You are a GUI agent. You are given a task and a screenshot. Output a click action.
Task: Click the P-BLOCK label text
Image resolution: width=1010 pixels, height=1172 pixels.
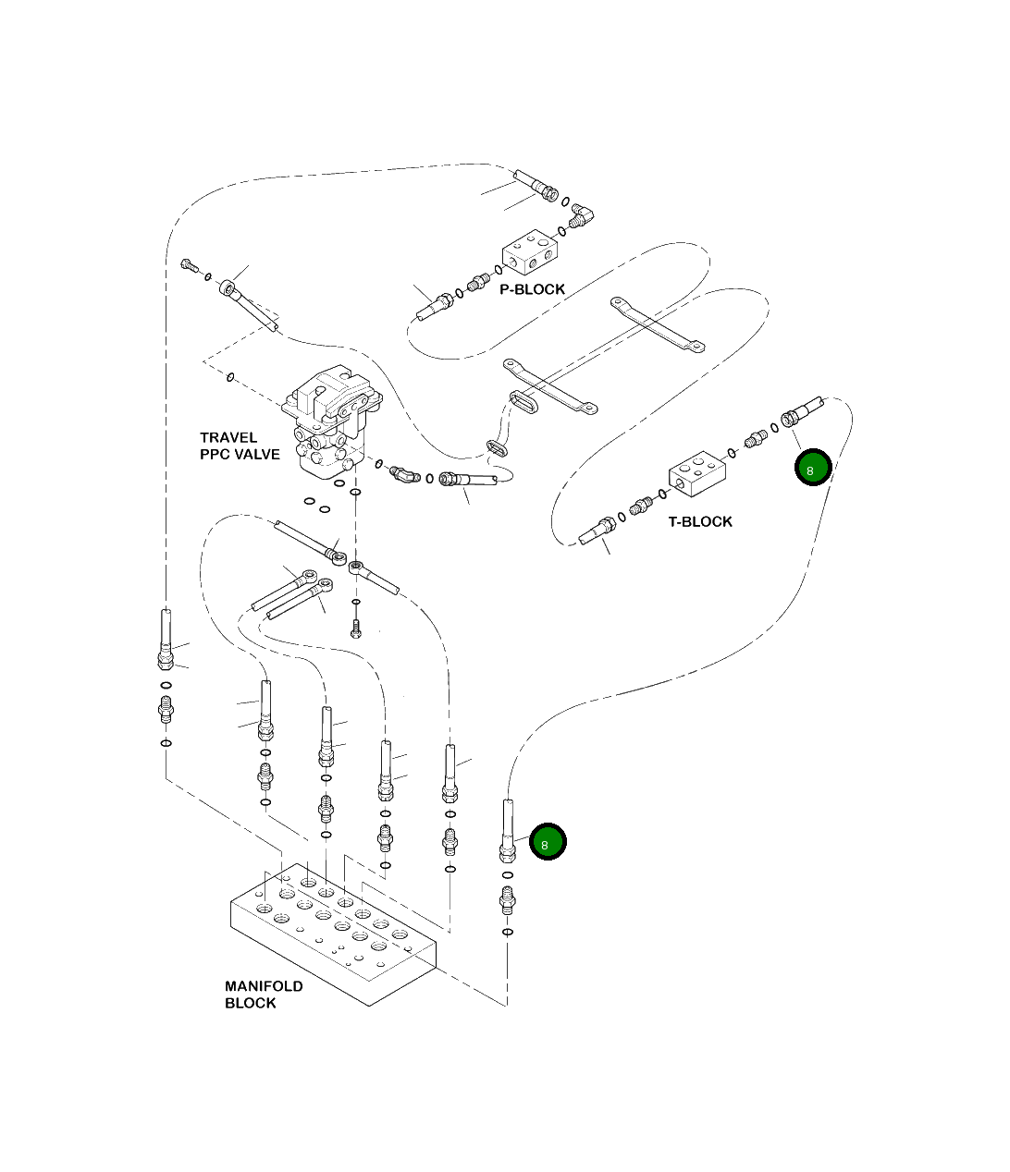pos(532,289)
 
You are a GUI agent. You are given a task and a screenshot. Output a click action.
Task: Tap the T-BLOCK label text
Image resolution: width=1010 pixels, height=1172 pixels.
pos(699,521)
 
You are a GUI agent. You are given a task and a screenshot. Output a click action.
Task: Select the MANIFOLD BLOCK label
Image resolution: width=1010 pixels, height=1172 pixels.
pos(264,995)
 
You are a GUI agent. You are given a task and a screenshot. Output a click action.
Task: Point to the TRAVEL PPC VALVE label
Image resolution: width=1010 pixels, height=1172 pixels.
pos(240,446)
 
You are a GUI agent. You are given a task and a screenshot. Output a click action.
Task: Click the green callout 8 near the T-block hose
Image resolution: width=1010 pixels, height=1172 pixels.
pos(813,468)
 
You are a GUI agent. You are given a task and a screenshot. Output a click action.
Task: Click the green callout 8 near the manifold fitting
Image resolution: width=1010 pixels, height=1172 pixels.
pos(547,842)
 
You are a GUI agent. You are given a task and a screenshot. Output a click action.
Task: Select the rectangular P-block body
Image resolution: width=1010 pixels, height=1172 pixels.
pos(530,252)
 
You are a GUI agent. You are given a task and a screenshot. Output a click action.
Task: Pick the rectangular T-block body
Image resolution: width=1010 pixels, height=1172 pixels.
pos(697,474)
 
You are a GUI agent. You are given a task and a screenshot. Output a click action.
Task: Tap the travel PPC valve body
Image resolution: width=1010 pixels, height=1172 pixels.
pos(332,421)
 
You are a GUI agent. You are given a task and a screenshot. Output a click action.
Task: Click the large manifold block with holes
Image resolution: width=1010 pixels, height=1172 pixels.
pos(334,935)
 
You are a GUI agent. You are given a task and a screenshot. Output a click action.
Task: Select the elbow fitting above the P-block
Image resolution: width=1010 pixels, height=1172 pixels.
pos(581,215)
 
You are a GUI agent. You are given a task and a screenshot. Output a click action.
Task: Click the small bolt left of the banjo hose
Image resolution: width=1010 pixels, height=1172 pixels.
pos(190,265)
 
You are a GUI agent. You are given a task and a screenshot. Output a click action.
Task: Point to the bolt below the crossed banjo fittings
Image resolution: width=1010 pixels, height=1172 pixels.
pos(356,629)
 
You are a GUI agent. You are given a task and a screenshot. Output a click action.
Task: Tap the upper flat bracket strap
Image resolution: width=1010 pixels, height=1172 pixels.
pos(657,324)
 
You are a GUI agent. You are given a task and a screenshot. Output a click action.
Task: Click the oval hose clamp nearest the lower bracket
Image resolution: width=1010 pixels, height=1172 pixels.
pos(523,402)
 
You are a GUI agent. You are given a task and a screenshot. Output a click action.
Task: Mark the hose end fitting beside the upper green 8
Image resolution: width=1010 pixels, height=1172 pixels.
pos(802,411)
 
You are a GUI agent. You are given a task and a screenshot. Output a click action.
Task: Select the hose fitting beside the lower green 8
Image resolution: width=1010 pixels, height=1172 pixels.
pos(507,831)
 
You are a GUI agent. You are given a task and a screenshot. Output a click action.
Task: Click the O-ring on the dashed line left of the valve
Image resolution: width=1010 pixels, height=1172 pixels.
pos(230,377)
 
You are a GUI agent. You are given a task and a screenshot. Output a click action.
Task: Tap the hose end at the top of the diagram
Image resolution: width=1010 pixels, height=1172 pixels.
pos(536,185)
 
